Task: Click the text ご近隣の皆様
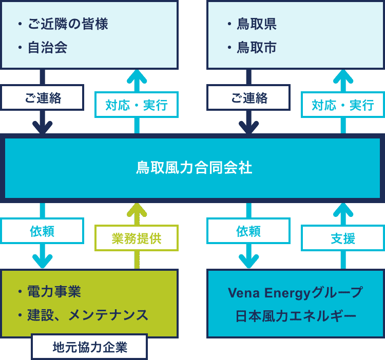click(68, 24)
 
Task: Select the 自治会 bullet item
click(47, 47)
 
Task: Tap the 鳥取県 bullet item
click(257, 24)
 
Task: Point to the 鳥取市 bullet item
click(257, 47)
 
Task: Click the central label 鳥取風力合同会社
click(194, 168)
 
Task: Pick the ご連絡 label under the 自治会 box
click(43, 97)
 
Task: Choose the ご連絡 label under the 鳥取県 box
click(249, 97)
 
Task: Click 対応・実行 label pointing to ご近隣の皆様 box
click(137, 105)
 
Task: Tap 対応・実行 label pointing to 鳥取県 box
click(343, 105)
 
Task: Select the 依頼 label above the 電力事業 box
click(42, 231)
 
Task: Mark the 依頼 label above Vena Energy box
click(248, 231)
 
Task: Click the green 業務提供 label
click(137, 238)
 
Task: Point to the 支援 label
click(343, 238)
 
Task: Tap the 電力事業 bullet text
click(54, 292)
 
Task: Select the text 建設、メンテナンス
click(88, 315)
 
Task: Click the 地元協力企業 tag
click(90, 347)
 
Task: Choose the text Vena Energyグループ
click(295, 293)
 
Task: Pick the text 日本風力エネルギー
click(296, 316)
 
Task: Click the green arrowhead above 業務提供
click(137, 210)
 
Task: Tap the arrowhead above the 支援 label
click(343, 210)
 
